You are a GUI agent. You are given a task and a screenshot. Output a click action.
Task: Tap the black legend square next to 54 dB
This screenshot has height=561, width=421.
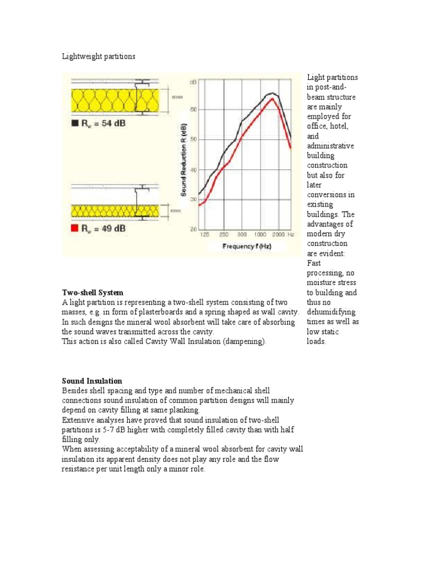pyautogui.click(x=76, y=124)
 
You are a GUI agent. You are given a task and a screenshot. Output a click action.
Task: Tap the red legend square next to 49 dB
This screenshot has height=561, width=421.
pyautogui.click(x=76, y=228)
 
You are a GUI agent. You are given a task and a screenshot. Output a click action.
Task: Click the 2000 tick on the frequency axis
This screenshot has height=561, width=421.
pyautogui.click(x=278, y=234)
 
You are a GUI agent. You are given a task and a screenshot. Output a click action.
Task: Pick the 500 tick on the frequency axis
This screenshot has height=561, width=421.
pyautogui.click(x=241, y=234)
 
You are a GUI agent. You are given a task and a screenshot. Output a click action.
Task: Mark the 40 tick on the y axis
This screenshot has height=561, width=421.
pyautogui.click(x=193, y=170)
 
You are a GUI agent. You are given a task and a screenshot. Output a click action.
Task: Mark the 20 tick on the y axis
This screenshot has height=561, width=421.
pyautogui.click(x=193, y=230)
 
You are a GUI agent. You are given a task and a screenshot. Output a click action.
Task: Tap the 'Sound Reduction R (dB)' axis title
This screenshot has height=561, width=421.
pyautogui.click(x=185, y=159)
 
